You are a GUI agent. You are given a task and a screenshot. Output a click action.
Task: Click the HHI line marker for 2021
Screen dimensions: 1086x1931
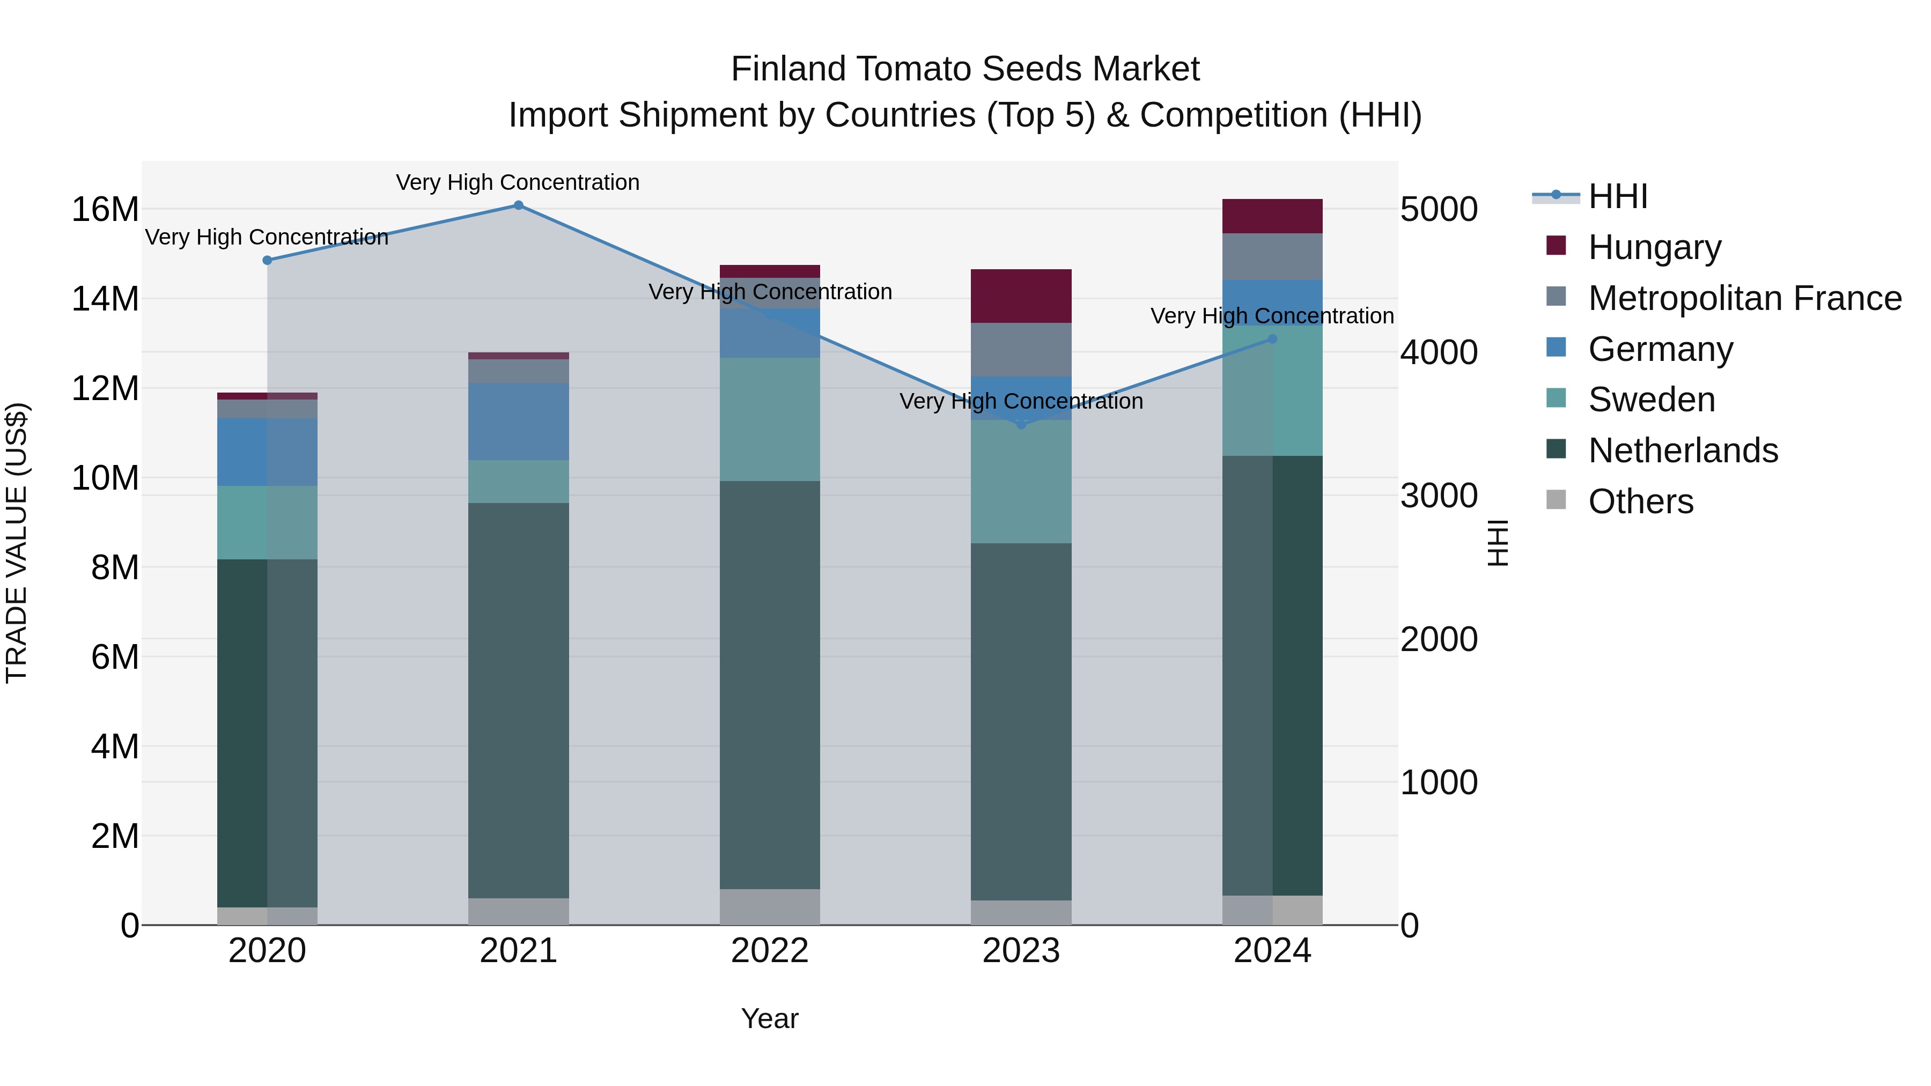[x=518, y=205]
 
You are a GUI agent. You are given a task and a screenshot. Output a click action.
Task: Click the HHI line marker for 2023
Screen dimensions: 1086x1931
[x=1021, y=424]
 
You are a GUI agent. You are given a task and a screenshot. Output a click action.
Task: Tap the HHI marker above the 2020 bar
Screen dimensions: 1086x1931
[x=267, y=260]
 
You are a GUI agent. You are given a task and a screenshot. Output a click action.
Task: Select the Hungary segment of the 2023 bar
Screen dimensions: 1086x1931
[x=1021, y=296]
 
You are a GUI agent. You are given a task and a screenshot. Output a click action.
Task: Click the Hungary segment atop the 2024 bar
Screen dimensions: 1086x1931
[x=1272, y=217]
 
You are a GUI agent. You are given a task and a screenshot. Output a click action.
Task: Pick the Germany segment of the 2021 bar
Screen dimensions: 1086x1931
[x=518, y=421]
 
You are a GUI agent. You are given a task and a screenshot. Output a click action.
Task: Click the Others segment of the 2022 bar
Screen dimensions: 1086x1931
[x=770, y=907]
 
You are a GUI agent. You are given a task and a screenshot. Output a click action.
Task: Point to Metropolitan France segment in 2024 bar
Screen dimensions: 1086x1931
[x=1272, y=257]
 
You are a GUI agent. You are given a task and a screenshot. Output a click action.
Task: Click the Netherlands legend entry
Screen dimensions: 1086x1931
[x=1682, y=451]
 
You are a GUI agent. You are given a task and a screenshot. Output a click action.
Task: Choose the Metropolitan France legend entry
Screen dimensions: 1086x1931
[x=1744, y=298]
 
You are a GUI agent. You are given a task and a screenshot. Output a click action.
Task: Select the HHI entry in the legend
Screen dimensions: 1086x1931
[x=1618, y=196]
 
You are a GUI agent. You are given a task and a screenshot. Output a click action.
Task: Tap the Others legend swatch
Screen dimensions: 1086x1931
[x=1556, y=500]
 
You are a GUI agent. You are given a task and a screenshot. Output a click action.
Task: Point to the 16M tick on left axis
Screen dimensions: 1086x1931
[x=105, y=210]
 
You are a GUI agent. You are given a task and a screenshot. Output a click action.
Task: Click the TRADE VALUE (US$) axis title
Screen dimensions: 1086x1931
[x=17, y=543]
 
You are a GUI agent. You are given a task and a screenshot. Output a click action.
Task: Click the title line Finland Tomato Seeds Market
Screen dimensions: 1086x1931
[x=965, y=69]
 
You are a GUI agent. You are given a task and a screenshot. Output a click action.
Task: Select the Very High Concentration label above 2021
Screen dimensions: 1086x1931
[x=518, y=182]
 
